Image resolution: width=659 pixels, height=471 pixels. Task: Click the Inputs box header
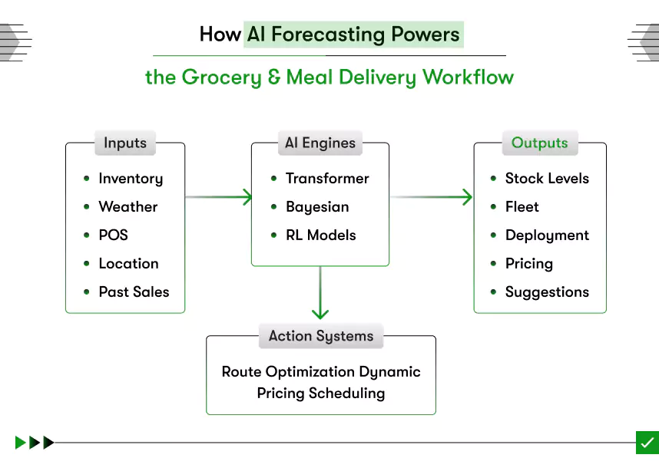point(125,143)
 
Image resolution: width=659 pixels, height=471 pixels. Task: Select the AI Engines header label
point(320,143)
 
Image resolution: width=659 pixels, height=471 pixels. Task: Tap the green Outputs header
point(539,143)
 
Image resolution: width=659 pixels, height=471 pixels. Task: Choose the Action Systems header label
point(321,336)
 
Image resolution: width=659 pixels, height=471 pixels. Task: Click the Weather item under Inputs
point(127,207)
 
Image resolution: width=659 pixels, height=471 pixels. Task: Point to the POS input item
point(113,235)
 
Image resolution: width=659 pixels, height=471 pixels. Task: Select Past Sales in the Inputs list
point(134,292)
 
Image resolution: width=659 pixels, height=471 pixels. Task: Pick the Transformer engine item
point(327,179)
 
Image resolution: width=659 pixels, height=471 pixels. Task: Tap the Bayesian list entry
point(317,207)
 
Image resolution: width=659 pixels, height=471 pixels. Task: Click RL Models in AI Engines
point(320,235)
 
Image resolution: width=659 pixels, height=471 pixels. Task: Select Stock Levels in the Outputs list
point(547,179)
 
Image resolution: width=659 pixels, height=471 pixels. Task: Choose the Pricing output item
point(528,264)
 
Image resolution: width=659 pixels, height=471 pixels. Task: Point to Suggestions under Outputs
point(547,292)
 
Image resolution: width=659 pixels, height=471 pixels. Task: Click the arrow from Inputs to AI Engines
point(219,197)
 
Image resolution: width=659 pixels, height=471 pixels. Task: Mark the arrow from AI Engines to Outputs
point(431,197)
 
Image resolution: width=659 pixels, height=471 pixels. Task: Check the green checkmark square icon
point(647,443)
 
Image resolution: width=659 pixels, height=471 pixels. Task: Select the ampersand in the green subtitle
point(274,77)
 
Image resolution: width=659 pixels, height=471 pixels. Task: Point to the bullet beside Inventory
point(87,179)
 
